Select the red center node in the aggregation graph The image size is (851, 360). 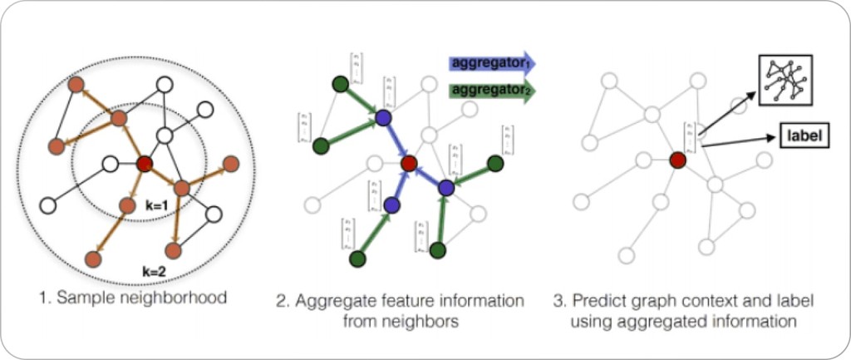click(408, 164)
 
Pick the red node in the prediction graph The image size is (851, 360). click(677, 160)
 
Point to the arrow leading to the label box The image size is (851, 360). click(740, 142)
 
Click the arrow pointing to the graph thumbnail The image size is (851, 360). click(731, 108)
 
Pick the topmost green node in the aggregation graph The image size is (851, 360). click(339, 84)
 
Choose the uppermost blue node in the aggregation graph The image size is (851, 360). click(383, 119)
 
